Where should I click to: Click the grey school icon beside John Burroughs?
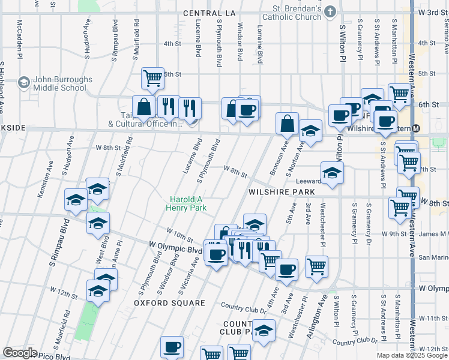click(24, 81)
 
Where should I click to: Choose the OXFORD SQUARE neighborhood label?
click(169, 303)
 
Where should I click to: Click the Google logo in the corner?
click(20, 353)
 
